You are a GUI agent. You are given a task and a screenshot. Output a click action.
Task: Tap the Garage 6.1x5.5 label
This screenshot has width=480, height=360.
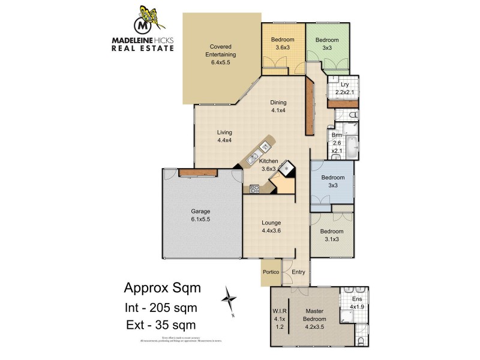coord(200,215)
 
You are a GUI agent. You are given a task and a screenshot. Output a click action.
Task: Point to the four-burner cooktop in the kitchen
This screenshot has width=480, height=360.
coord(254,190)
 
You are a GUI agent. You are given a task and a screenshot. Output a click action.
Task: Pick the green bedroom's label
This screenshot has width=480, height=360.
coord(327,44)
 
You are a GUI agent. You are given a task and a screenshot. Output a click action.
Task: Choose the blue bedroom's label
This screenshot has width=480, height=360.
coord(332,182)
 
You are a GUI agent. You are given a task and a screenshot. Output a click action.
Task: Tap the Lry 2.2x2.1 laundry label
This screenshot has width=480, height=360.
coord(344,88)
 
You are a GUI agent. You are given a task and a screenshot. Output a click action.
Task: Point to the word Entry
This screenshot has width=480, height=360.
coord(298,272)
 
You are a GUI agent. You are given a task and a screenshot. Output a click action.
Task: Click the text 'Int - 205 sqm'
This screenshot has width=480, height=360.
coord(160,307)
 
